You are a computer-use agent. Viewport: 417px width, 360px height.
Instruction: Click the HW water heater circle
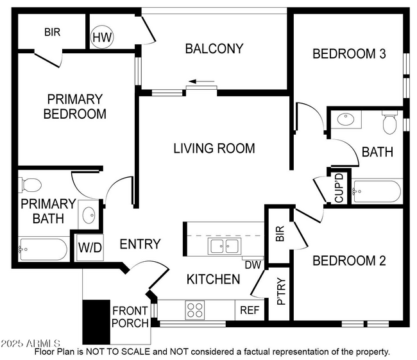(102, 38)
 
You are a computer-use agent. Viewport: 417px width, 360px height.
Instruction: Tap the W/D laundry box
(90, 248)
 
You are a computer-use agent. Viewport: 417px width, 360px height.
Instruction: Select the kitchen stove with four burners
(194, 310)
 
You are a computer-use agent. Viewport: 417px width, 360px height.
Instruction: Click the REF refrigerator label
(250, 310)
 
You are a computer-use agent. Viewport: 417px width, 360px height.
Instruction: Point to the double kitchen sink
(223, 246)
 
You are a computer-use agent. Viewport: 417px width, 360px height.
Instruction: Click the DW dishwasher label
(251, 263)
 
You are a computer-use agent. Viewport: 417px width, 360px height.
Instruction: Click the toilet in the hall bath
(389, 122)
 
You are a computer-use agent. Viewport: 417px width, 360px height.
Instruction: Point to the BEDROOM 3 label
(348, 54)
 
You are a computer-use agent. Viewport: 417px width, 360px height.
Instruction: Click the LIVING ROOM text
(214, 148)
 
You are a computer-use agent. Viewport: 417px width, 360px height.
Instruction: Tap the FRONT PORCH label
(130, 317)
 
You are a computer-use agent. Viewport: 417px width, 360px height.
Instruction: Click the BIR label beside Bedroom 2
(280, 235)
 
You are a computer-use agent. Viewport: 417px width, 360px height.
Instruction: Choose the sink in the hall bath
(345, 119)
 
